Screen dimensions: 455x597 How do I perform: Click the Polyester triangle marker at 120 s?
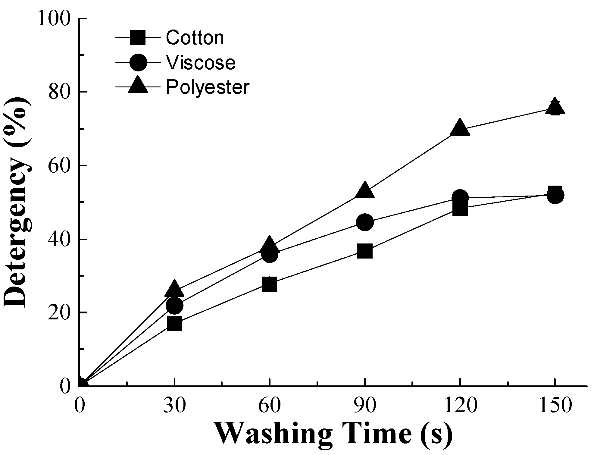460,128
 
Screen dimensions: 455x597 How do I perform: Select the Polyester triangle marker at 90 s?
365,190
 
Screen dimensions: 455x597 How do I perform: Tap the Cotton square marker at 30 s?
174,324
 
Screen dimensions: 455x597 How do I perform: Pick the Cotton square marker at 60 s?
269,284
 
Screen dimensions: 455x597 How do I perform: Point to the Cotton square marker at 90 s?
365,251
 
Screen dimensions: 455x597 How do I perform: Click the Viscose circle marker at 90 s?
365,222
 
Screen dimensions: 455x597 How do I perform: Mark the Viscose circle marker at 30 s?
174,306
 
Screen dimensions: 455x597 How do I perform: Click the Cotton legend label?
195,38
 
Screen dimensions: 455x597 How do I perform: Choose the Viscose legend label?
201,63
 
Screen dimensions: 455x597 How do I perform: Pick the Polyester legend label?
208,87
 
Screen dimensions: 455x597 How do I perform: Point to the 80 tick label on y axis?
59,92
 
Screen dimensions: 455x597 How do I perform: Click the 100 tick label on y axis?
54,19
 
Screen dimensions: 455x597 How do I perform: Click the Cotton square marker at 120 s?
460,208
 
